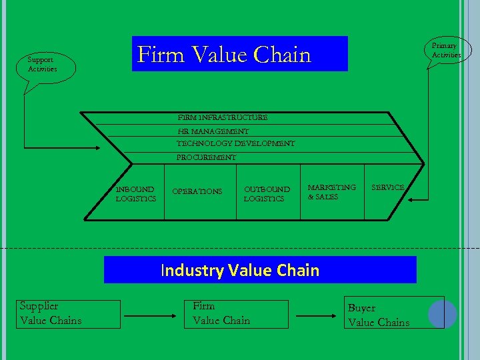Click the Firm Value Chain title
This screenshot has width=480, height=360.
point(224,54)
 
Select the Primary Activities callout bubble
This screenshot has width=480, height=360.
point(445,50)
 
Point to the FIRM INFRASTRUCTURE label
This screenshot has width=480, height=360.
point(222,117)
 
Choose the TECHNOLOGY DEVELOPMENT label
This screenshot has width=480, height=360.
point(235,143)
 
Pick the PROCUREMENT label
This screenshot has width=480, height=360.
point(206,157)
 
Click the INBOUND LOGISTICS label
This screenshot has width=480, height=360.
point(135,194)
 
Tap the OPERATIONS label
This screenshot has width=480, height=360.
point(197,191)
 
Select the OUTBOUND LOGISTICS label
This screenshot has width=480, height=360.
point(267,194)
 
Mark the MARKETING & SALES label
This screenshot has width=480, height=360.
point(331,192)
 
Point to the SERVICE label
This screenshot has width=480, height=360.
point(387,187)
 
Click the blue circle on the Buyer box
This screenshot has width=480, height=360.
point(442,314)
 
